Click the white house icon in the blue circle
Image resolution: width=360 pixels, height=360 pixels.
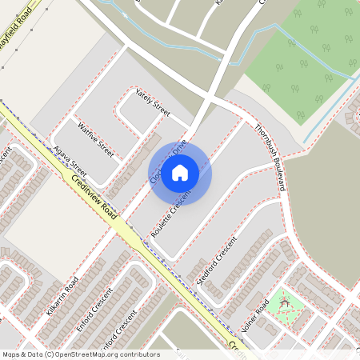180,171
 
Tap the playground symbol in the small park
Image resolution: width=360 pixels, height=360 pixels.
283,304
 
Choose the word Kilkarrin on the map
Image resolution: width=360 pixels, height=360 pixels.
56,305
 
